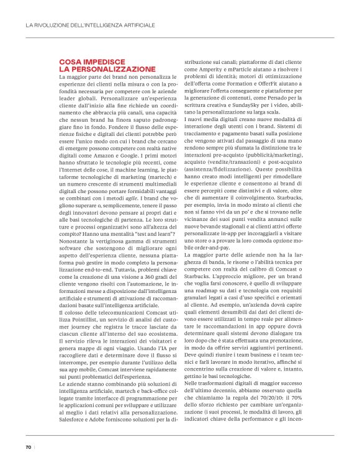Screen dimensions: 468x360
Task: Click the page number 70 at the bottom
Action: tap(29, 447)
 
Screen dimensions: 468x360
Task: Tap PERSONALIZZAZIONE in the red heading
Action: tap(107, 69)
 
